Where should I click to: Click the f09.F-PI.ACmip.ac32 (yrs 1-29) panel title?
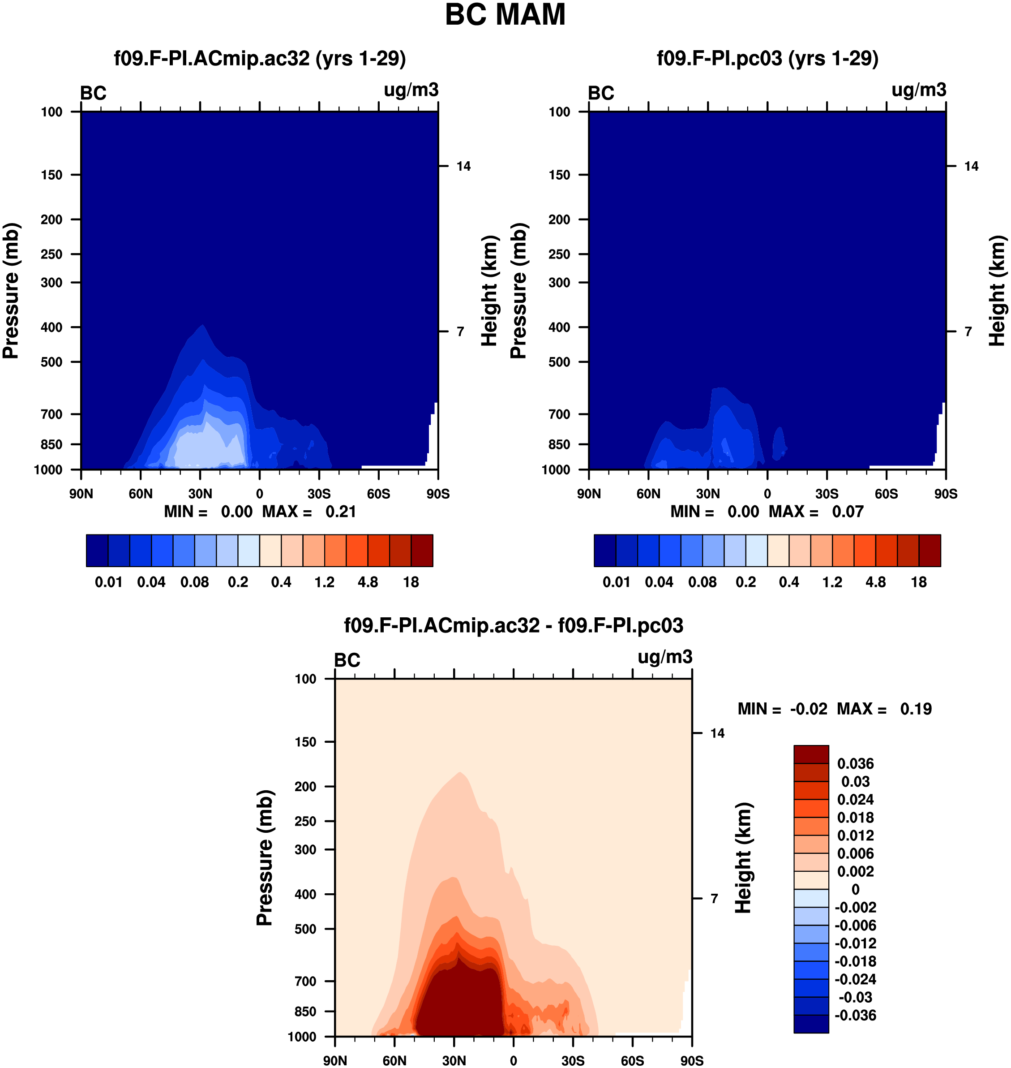tap(260, 58)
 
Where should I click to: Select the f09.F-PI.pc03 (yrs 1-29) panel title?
tap(767, 58)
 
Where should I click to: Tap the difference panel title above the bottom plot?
tap(514, 625)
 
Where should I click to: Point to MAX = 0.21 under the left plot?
tap(309, 511)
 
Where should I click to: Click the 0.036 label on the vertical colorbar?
tap(855, 763)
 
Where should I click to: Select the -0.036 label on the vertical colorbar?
tap(855, 1015)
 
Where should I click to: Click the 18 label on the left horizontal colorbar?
tap(411, 582)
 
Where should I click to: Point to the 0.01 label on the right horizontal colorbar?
tap(617, 582)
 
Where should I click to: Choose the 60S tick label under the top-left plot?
tap(378, 493)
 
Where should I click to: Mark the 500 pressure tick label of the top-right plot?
tap(559, 362)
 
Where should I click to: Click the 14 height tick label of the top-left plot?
tap(463, 166)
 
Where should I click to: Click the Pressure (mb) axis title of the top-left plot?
tap(11, 291)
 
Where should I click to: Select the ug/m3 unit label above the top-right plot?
tap(919, 90)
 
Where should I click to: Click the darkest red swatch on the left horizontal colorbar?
tap(422, 551)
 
